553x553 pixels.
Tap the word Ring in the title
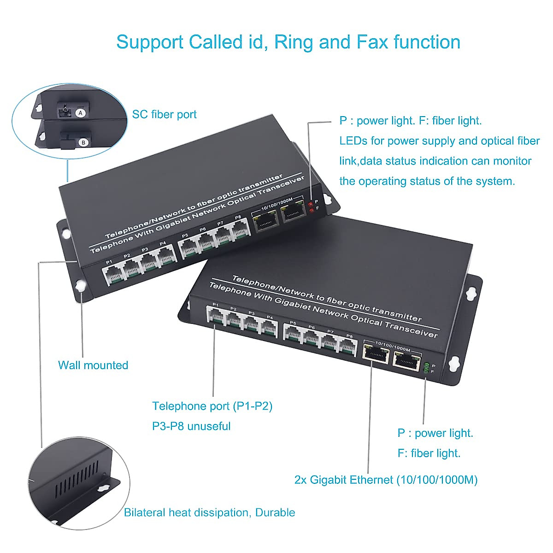pyautogui.click(x=294, y=42)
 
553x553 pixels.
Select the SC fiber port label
pyautogui.click(x=164, y=114)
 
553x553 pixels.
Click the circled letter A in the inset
pyautogui.click(x=81, y=112)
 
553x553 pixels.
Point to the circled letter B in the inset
pyautogui.click(x=83, y=142)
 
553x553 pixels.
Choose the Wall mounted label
pyautogui.click(x=93, y=365)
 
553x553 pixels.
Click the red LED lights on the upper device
pyautogui.click(x=311, y=206)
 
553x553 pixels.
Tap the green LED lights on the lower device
pyautogui.click(x=426, y=367)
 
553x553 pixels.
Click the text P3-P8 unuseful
pyautogui.click(x=191, y=426)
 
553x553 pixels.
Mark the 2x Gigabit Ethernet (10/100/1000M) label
pyautogui.click(x=386, y=480)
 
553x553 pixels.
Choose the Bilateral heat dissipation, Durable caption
pyautogui.click(x=209, y=512)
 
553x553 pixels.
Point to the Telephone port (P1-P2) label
pyautogui.click(x=212, y=406)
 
